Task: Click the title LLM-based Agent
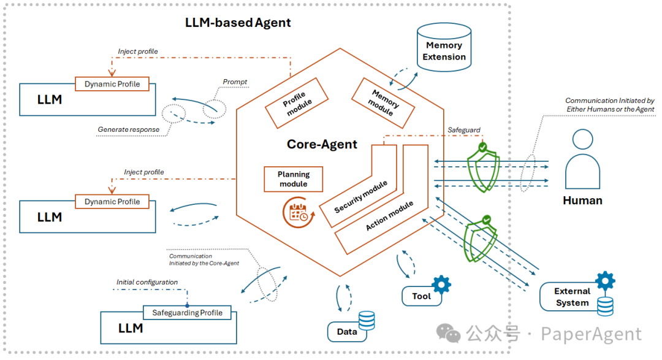coord(238,23)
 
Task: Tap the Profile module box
coord(297,103)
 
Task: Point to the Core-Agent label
coord(322,145)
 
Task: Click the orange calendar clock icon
coord(299,212)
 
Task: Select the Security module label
coord(362,197)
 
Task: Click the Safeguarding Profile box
coord(188,313)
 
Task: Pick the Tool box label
coord(421,296)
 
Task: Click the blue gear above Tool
coord(441,284)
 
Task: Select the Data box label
coord(347,332)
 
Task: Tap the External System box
coord(571,297)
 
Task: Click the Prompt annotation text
coord(235,82)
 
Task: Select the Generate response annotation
coord(128,129)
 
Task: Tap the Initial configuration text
coord(147,282)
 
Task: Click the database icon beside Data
coord(367,320)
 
